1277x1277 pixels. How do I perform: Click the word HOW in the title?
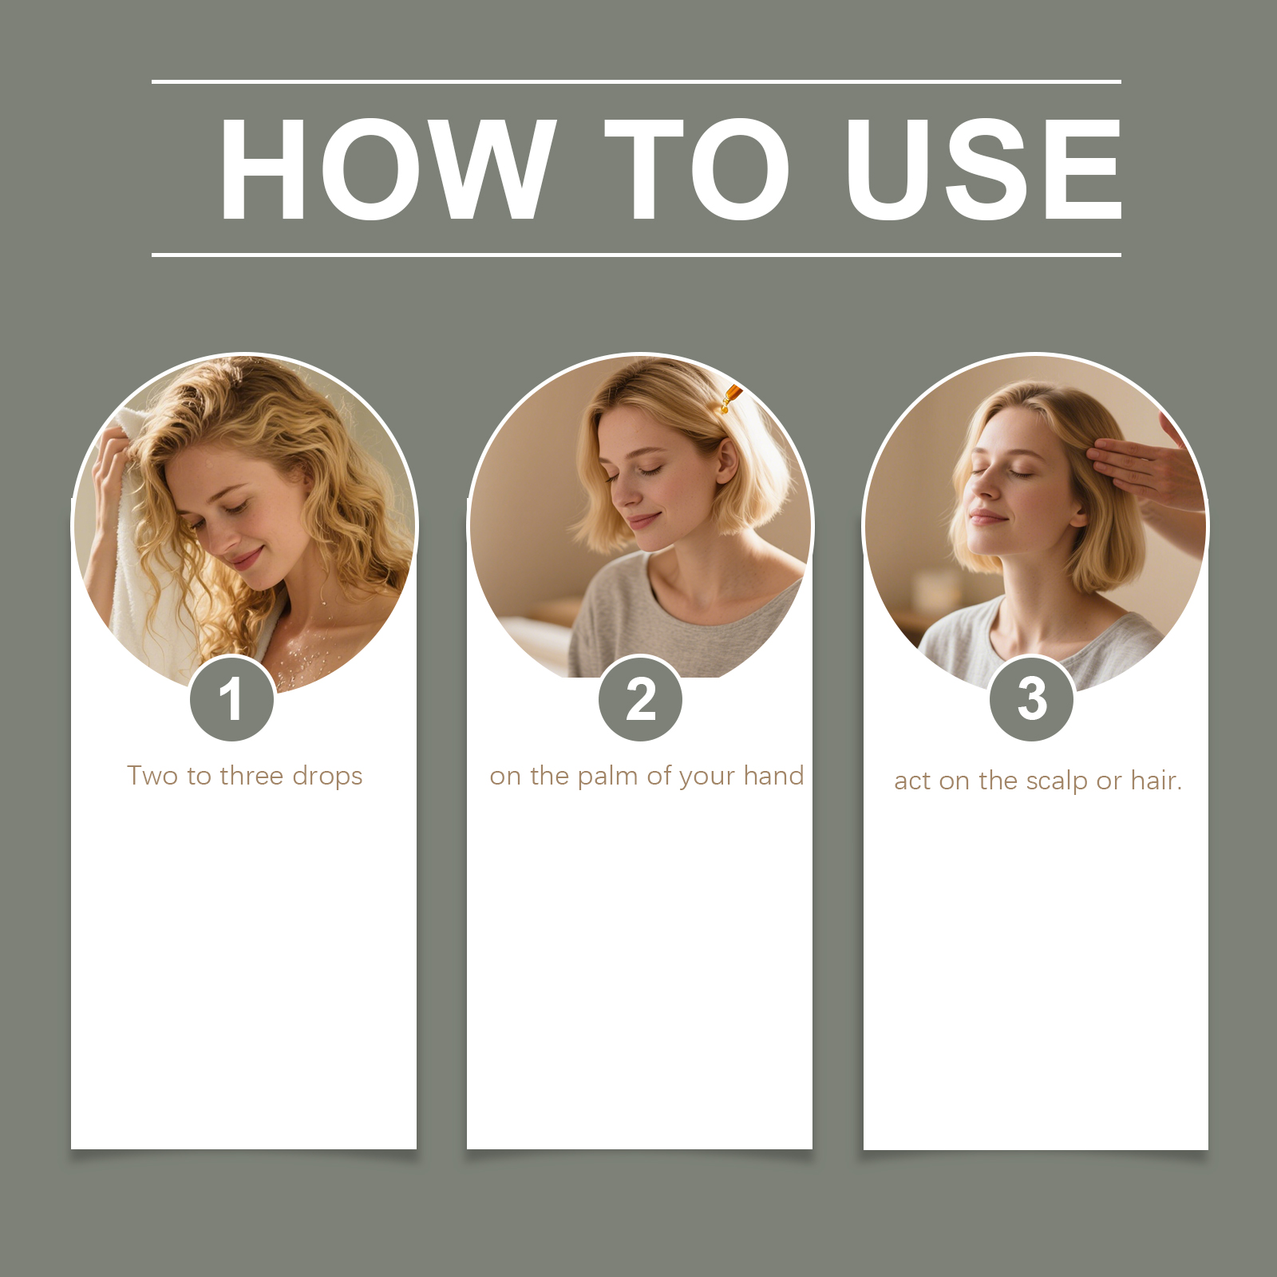(387, 168)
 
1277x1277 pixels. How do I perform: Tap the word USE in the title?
(984, 168)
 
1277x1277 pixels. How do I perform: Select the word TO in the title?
(696, 168)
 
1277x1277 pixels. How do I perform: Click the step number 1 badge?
(232, 699)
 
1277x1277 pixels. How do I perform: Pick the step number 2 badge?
(641, 699)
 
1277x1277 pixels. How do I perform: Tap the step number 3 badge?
(1032, 699)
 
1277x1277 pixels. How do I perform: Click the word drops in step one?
(327, 776)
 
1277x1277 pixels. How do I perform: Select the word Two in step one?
(152, 776)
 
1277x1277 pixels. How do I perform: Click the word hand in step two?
(773, 776)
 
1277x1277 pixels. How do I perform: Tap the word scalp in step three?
(1057, 781)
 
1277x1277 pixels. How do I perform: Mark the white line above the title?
(636, 81)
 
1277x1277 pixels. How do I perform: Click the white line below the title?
(636, 255)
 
